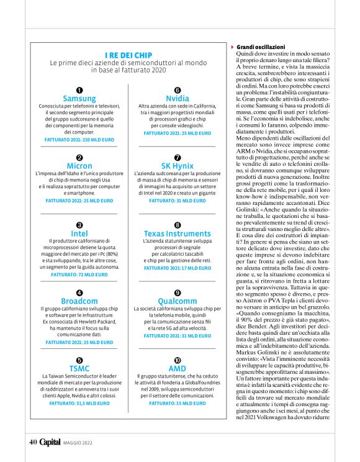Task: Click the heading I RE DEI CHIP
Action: coord(128,55)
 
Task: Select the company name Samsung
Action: coord(79,99)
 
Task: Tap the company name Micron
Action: coord(79,166)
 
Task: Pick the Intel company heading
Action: coord(79,233)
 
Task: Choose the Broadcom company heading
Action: coord(79,301)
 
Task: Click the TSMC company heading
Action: coord(79,368)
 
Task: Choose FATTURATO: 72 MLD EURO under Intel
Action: coord(79,274)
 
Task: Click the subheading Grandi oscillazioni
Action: coord(260,47)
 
